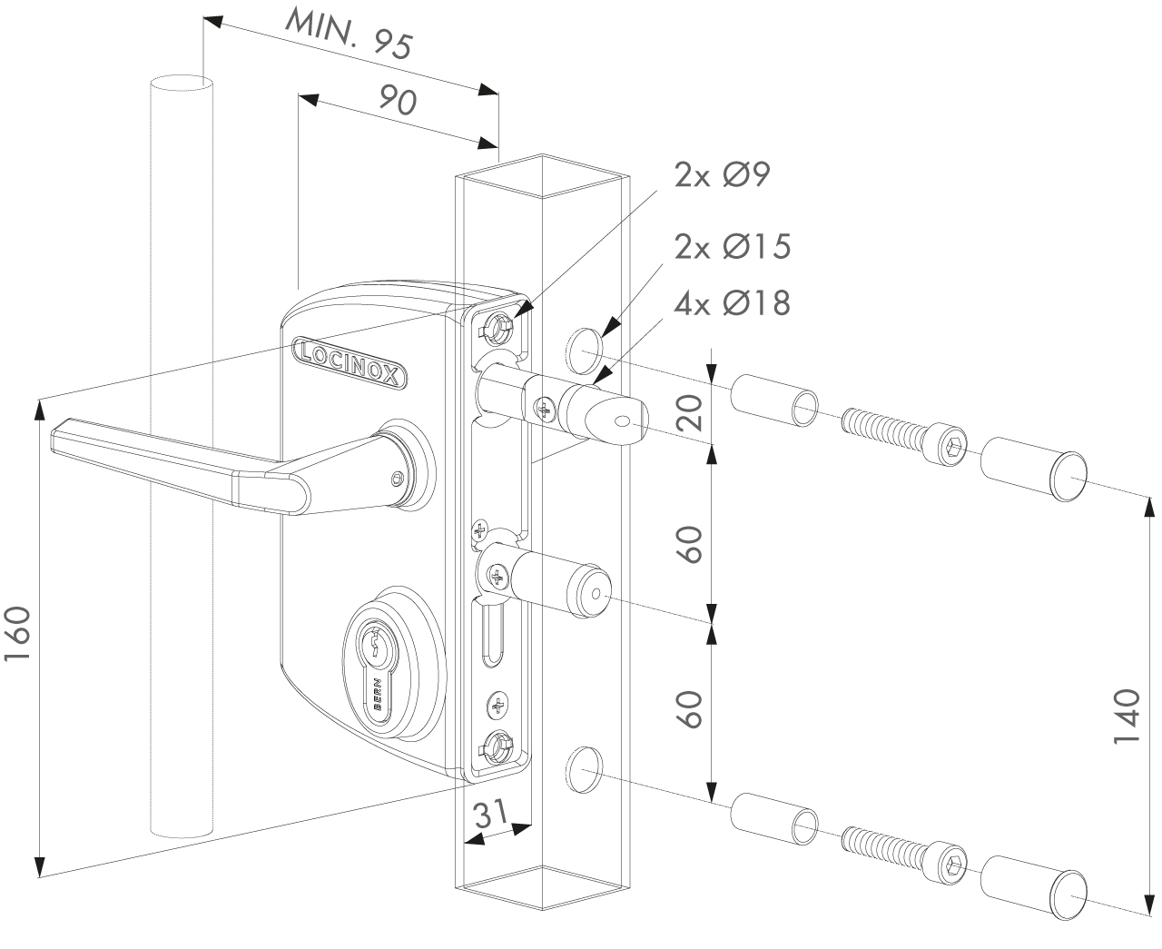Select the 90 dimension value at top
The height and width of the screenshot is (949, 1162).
tap(397, 101)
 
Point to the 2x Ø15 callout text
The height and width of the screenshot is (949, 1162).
tap(731, 246)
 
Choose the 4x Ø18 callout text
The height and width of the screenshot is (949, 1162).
tap(731, 302)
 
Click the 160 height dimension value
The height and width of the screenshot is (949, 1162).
tap(20, 636)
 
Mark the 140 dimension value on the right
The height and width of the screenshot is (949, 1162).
tap(1126, 717)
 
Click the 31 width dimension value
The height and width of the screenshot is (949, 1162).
tap(491, 815)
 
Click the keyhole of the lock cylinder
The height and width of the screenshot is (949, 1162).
tap(374, 647)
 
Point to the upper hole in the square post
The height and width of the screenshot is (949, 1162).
tap(585, 349)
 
